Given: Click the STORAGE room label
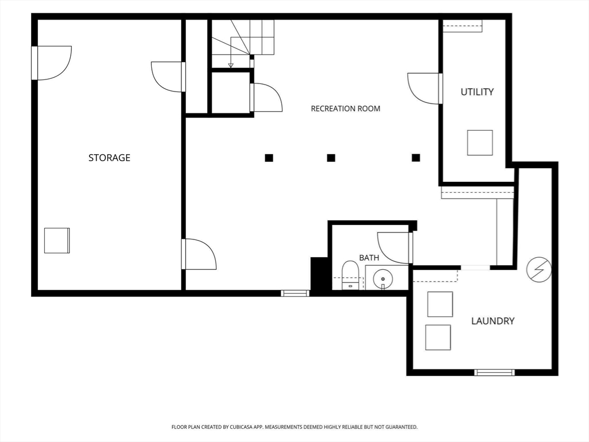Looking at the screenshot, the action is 109,158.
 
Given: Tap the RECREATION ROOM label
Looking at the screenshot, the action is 346,109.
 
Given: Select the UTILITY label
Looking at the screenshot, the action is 477,92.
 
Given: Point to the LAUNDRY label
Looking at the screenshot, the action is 493,321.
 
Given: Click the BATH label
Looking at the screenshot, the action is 369,258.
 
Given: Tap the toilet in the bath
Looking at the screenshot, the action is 350,275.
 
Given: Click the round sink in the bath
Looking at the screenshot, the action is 383,279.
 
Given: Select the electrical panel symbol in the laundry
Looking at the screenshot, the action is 538,269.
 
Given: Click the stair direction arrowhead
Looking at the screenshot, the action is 231,66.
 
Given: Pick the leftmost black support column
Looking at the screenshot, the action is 269,158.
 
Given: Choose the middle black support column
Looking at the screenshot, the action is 331,158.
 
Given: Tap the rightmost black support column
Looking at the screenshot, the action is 416,158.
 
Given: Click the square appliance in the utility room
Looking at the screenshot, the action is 480,143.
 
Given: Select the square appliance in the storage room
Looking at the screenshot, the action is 57,241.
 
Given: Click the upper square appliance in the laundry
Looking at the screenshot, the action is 440,304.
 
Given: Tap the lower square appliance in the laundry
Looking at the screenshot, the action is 438,337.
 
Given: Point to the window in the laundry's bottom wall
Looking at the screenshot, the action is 494,372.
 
